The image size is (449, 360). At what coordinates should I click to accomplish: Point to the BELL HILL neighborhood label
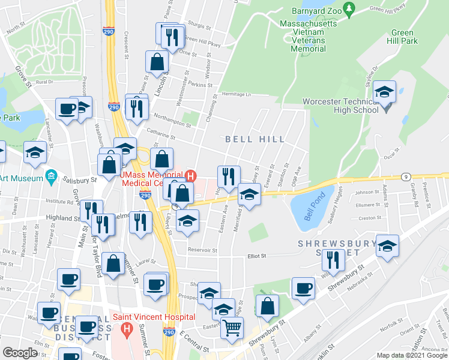(255, 139)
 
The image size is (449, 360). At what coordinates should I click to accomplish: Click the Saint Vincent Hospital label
(154, 317)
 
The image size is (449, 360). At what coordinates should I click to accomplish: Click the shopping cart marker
(232, 328)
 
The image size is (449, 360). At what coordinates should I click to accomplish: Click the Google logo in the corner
(20, 353)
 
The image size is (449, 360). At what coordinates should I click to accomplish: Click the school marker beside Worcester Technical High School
(384, 92)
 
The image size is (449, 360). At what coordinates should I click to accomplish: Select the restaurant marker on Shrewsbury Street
(331, 259)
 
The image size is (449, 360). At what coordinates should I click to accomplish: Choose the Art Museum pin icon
(52, 177)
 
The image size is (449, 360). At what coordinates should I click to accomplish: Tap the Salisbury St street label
(83, 179)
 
